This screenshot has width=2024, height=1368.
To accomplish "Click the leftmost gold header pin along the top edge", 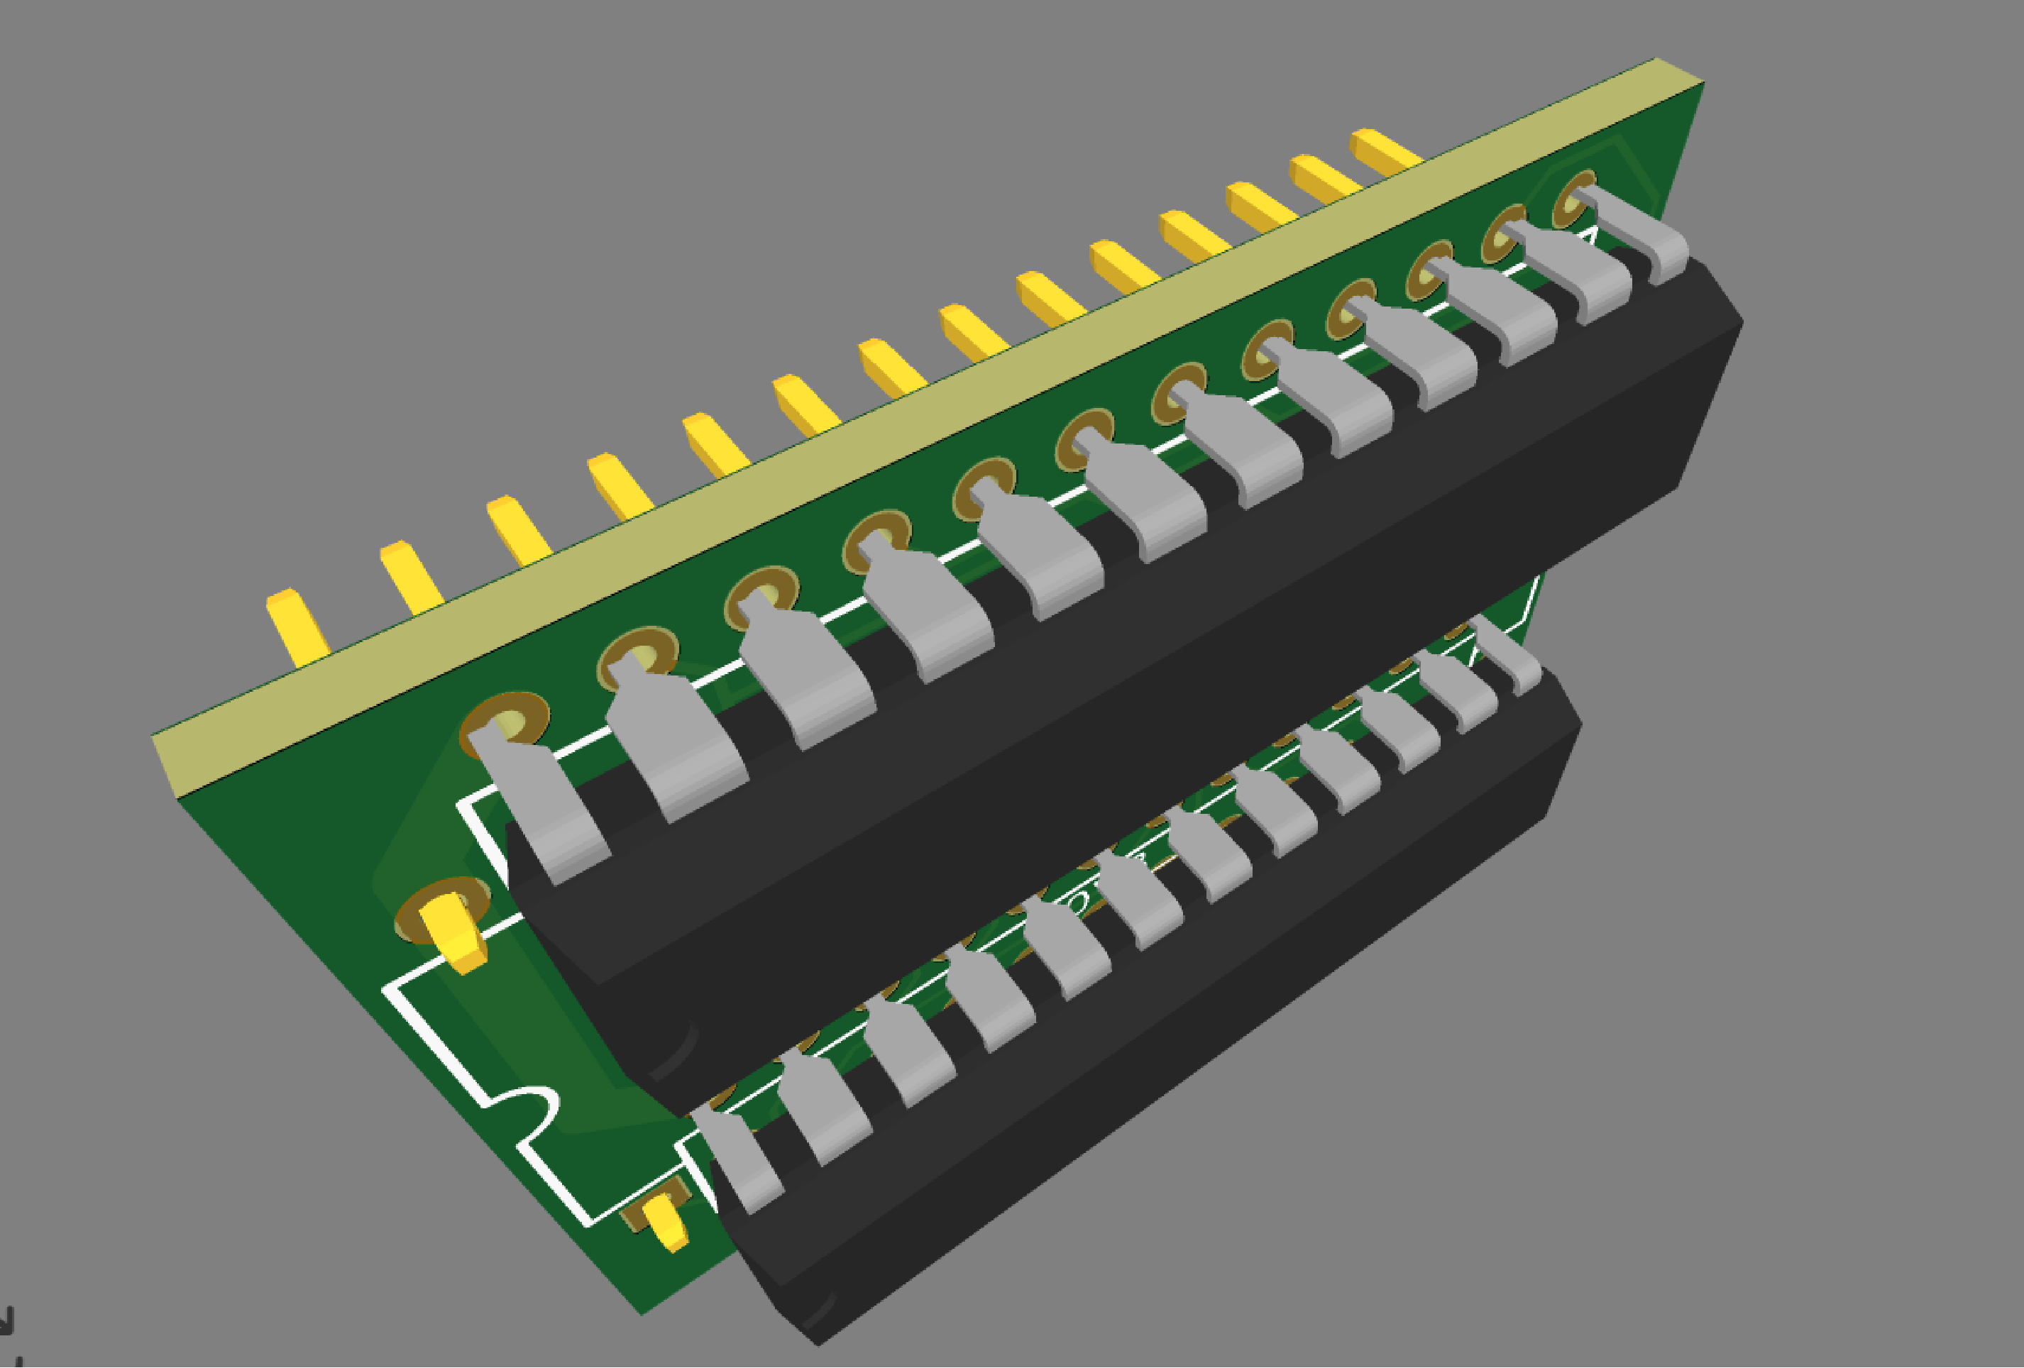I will (296, 627).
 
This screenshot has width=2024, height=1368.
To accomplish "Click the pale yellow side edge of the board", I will (871, 436).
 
